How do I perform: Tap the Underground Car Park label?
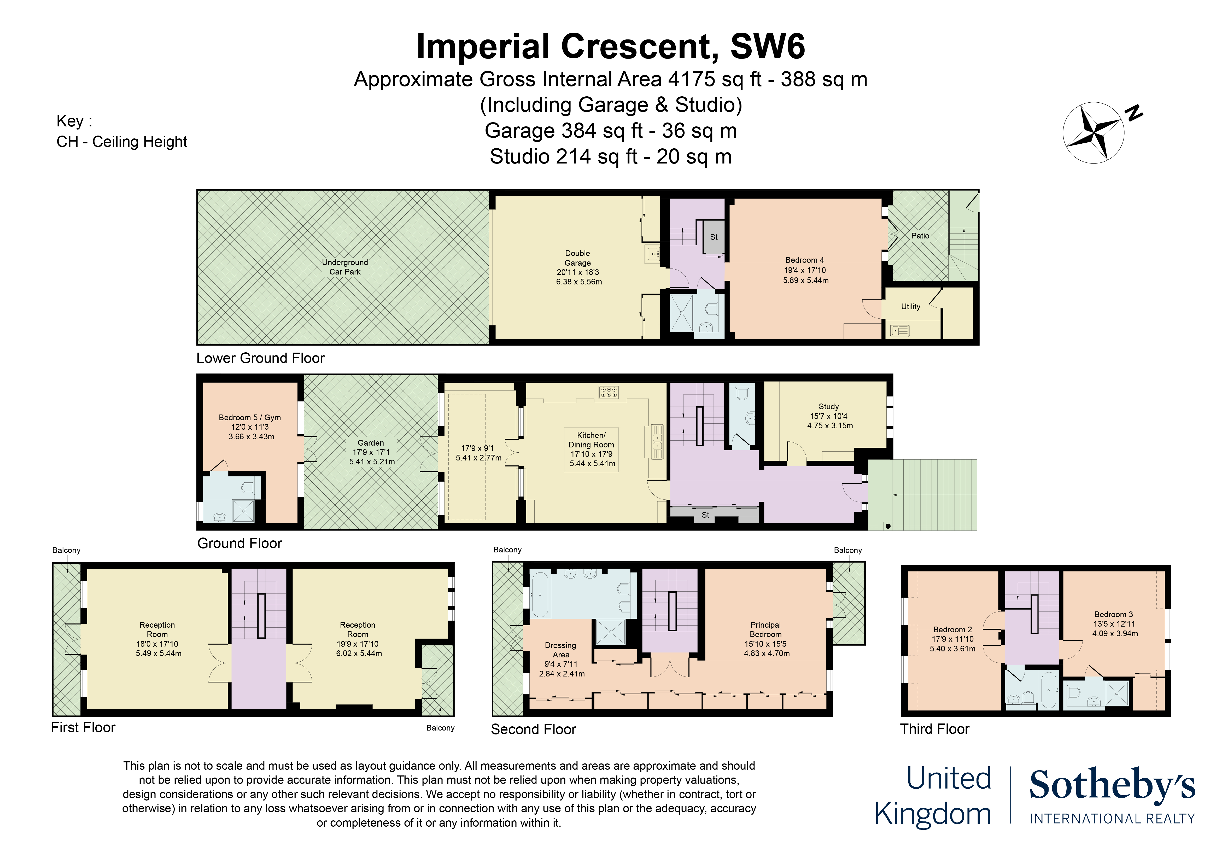(345, 267)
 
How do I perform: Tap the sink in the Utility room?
(899, 331)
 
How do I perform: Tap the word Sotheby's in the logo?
(1112, 785)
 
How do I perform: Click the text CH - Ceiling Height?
(122, 142)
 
